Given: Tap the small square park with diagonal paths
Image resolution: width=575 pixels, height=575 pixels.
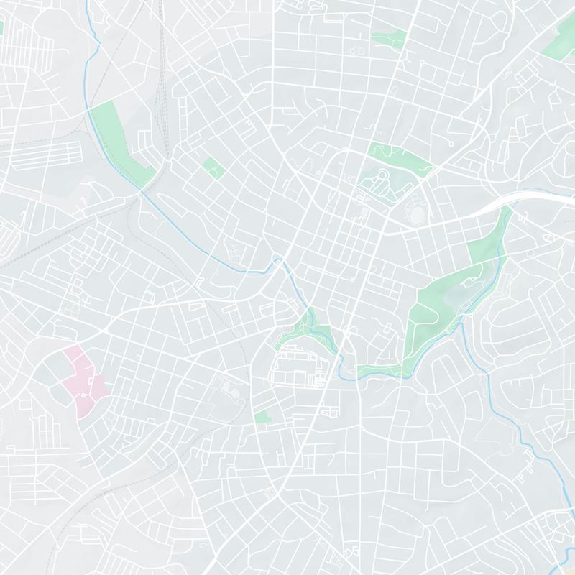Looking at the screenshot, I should [x=213, y=168].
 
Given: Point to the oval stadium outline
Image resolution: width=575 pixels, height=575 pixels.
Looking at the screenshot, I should [x=416, y=211].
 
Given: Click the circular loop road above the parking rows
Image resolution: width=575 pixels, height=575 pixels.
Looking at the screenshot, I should [x=382, y=175].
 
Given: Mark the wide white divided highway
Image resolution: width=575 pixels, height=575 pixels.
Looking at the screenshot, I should [x=525, y=197].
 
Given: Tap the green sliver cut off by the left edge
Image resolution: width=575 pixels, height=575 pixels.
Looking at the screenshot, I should [x=1, y=27].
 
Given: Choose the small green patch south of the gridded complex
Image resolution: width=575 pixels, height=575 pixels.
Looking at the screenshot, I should [x=263, y=416].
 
